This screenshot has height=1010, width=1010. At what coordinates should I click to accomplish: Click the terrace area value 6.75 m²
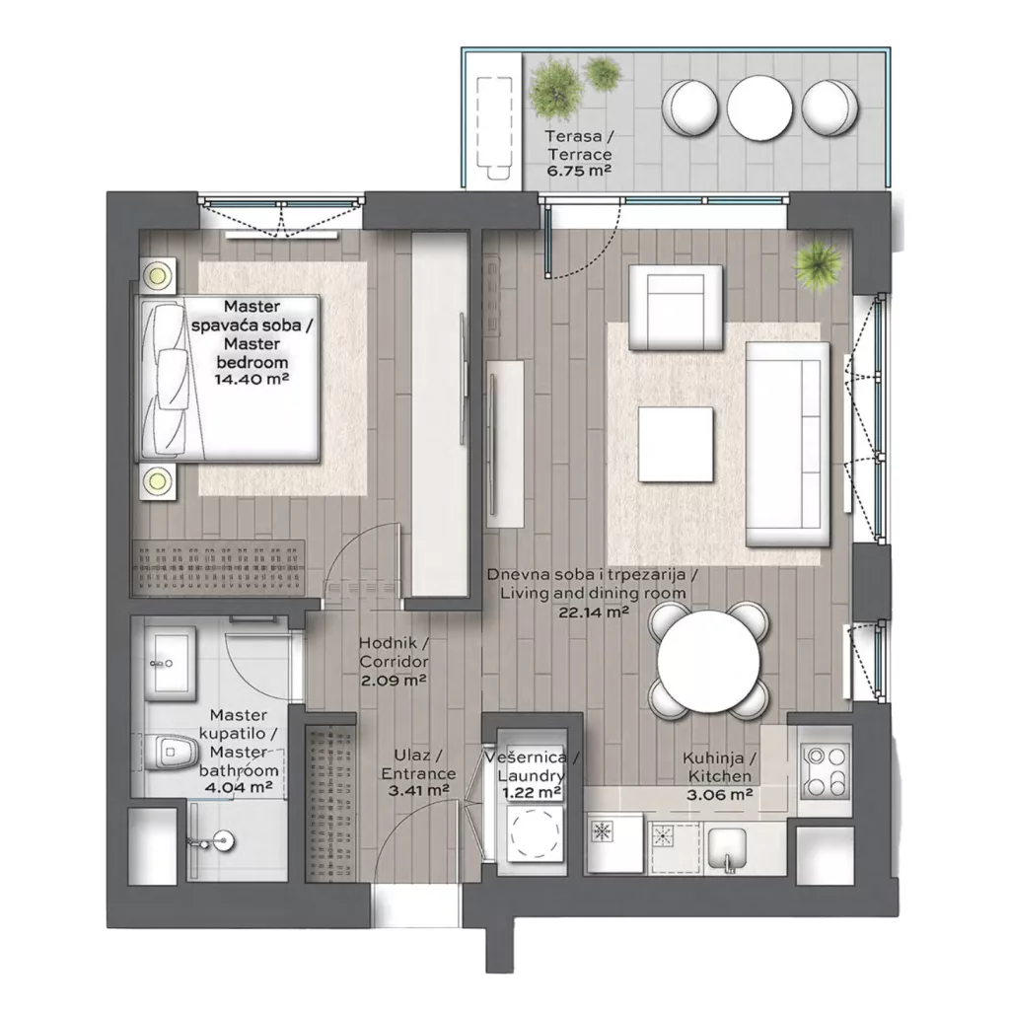(578, 171)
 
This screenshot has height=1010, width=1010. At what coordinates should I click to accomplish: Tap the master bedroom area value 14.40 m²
(252, 379)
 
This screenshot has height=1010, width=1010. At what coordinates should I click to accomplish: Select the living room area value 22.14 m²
(593, 612)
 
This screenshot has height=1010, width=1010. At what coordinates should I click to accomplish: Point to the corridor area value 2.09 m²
(394, 680)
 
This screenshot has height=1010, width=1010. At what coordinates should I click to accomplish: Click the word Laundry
(531, 775)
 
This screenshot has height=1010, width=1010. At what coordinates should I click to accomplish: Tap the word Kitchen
(719, 776)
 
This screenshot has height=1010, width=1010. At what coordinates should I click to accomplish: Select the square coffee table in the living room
(676, 445)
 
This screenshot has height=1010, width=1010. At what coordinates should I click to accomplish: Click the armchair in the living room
(676, 308)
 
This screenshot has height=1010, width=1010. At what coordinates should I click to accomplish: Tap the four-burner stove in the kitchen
(826, 771)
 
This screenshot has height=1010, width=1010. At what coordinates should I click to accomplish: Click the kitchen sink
(728, 848)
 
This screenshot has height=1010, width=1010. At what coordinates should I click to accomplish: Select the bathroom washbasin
(170, 664)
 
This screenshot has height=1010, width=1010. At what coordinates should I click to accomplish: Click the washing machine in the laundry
(536, 833)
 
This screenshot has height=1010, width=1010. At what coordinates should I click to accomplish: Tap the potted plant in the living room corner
(818, 263)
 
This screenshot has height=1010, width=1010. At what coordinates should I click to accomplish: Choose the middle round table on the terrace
(759, 107)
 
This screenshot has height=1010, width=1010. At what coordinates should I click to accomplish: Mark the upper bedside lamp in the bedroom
(158, 276)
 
